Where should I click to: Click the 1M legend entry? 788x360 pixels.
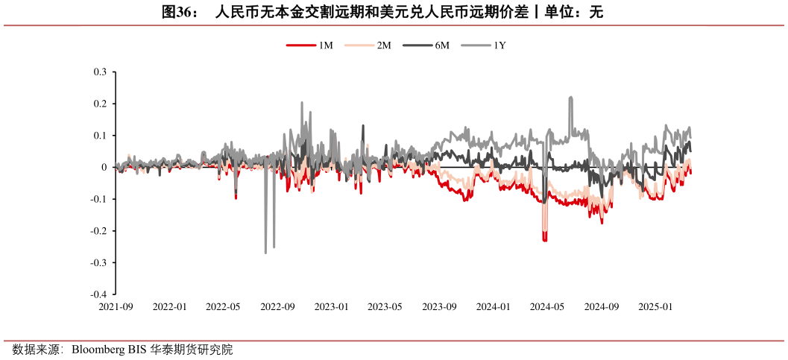309,45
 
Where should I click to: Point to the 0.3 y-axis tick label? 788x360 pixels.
100,72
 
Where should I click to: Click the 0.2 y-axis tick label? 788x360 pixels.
100,104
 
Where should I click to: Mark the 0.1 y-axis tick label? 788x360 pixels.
100,136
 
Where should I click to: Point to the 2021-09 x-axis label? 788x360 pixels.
116,306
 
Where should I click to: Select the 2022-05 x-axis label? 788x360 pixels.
224,306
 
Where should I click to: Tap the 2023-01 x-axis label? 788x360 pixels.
331,306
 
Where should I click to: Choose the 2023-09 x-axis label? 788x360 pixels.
439,306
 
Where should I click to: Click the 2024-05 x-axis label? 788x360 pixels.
547,306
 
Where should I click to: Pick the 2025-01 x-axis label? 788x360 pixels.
655,306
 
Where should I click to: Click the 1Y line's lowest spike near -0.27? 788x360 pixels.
265,253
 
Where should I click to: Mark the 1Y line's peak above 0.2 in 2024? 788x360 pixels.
570,97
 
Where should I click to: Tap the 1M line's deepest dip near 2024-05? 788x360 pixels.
545,240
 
